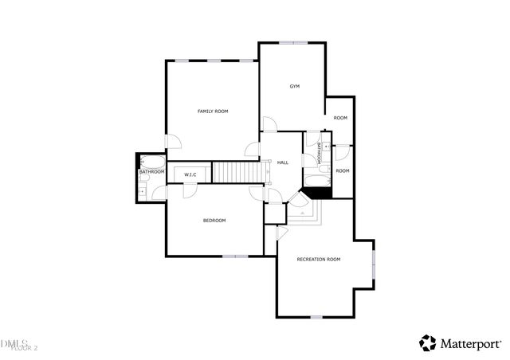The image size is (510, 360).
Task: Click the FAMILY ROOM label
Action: pos(213,112)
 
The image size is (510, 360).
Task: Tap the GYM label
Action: pos(294,86)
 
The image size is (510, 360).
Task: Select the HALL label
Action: pos(283,163)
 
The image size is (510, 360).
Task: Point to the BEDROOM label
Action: pos(214,221)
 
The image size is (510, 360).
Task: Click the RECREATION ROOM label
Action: pos(319,260)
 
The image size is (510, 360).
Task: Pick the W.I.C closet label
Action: pos(190,174)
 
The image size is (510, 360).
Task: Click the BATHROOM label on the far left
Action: pos(151,172)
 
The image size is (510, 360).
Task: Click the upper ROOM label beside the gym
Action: pos(340,118)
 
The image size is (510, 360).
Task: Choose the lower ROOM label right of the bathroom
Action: pos(343,170)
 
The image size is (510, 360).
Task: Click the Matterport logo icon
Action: pos(428,342)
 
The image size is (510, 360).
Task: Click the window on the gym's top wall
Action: pos(300,42)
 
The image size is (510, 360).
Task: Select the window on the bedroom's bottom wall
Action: pos(235,256)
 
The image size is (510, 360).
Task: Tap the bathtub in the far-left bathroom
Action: pos(151,162)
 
